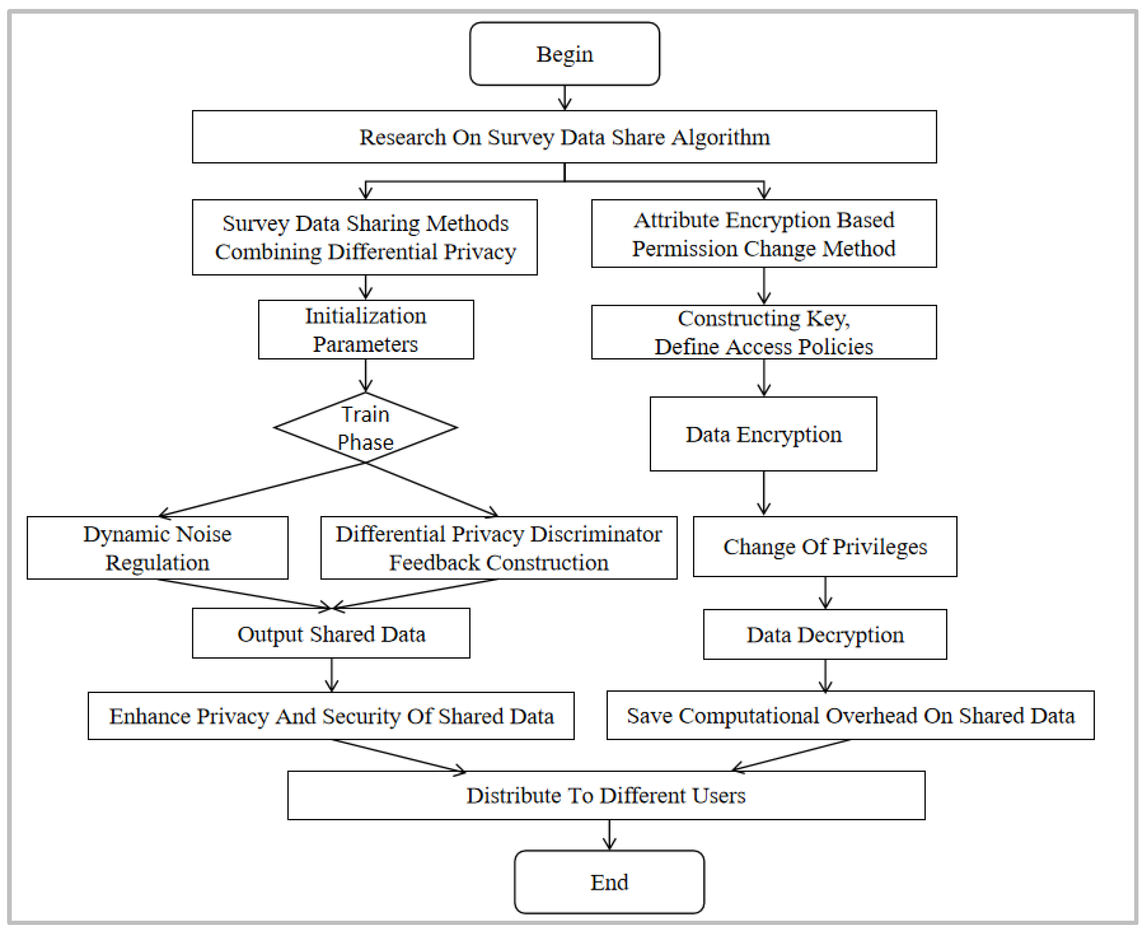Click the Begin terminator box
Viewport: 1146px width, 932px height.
click(565, 54)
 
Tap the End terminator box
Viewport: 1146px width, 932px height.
click(609, 882)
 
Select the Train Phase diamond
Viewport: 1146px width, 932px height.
click(365, 428)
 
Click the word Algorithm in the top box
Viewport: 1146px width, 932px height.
click(720, 138)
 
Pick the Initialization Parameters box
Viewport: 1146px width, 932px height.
click(365, 330)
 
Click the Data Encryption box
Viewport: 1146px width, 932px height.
click(763, 434)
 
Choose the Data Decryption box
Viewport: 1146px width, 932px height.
click(824, 635)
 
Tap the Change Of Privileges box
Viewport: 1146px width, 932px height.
click(824, 547)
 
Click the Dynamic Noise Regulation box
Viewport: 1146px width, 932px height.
click(157, 548)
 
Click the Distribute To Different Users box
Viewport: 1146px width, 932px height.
click(606, 795)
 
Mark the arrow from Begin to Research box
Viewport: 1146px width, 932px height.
click(565, 98)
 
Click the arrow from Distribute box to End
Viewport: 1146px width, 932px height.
click(609, 835)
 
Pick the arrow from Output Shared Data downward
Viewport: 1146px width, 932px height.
click(331, 675)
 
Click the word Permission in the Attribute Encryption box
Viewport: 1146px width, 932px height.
click(685, 249)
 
